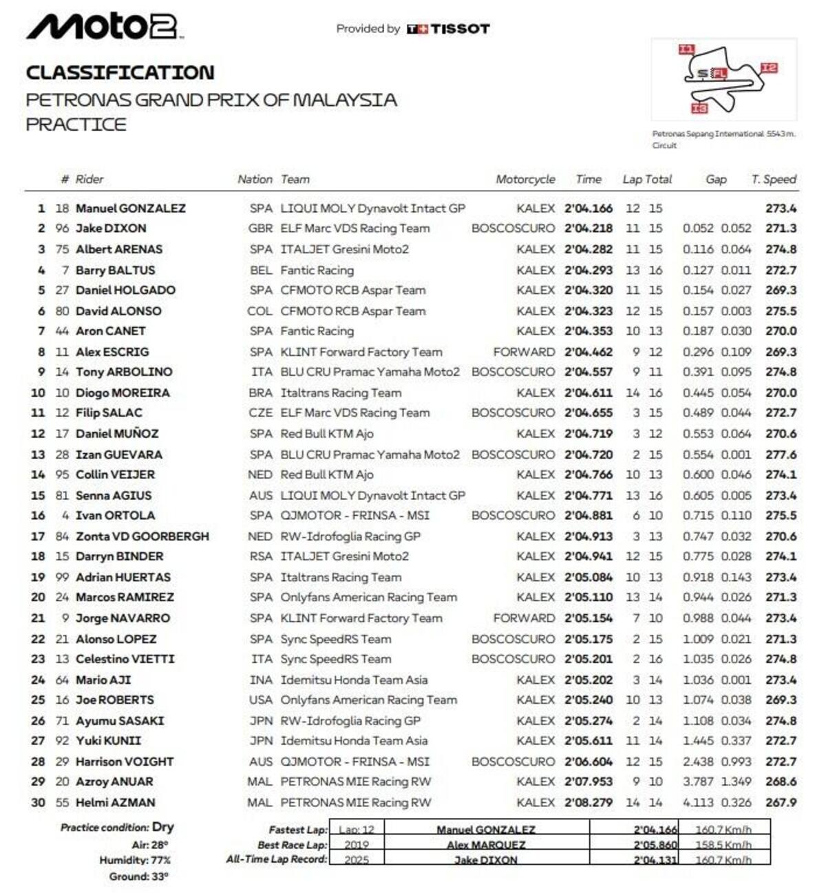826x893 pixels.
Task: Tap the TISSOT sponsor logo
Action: coord(448,29)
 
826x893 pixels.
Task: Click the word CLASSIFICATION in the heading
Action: coord(120,72)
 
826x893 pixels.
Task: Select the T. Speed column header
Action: coord(774,179)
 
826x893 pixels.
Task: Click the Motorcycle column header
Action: coord(525,179)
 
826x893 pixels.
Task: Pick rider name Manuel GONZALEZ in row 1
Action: coord(130,208)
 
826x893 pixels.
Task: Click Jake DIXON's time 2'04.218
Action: coord(588,228)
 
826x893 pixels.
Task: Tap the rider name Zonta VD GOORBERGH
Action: coord(142,536)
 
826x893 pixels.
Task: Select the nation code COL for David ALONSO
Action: coord(260,311)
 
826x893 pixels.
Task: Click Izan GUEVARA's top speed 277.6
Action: coord(781,454)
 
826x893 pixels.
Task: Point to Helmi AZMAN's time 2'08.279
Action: coord(588,802)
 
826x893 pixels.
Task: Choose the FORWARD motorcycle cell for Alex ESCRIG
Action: coord(524,352)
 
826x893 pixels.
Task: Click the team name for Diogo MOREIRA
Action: coord(341,392)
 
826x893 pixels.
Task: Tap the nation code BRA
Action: coord(260,392)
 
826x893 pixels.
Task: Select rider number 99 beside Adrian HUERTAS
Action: coord(63,577)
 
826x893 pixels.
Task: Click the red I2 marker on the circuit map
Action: coord(769,67)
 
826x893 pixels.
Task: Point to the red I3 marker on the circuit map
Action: coord(699,108)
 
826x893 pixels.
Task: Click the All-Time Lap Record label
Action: coord(277,859)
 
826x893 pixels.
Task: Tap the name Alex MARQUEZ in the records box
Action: coord(486,845)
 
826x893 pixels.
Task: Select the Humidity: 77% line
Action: coord(135,860)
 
